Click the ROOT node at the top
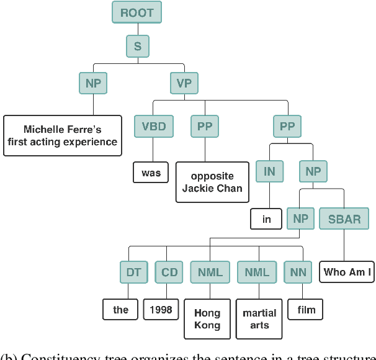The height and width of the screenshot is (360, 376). [x=137, y=12]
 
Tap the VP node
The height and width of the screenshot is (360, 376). [x=184, y=82]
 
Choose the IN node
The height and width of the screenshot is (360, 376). [x=269, y=171]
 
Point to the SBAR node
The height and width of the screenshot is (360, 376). [x=344, y=218]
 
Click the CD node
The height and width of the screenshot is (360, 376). [x=169, y=272]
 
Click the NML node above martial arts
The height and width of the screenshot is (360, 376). [x=257, y=272]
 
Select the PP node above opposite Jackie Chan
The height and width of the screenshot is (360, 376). [x=204, y=127]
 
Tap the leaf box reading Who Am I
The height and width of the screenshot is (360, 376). [x=347, y=272]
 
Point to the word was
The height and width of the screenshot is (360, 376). [x=151, y=173]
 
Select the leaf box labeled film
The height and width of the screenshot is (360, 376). [x=306, y=309]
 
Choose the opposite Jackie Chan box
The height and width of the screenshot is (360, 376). [x=212, y=182]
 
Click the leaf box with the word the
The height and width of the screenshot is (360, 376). [x=120, y=309]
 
